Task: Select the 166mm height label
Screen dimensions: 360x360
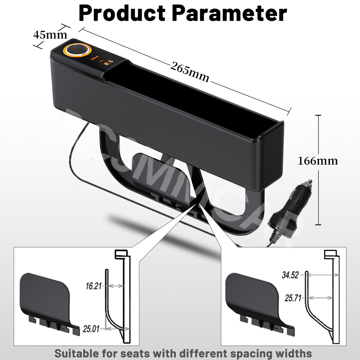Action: pyautogui.click(x=318, y=161)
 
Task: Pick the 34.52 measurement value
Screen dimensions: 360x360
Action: pyautogui.click(x=290, y=276)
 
